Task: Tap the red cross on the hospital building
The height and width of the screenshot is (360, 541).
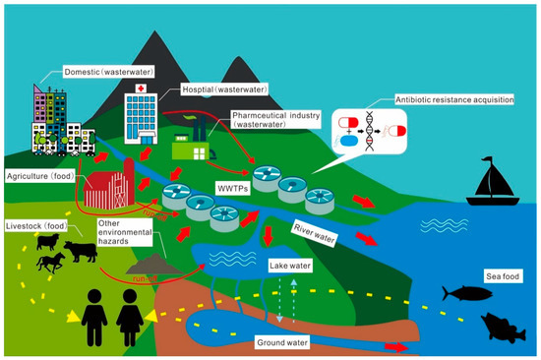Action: pyautogui.click(x=144, y=89)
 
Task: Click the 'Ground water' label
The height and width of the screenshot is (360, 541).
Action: pyautogui.click(x=283, y=341)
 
